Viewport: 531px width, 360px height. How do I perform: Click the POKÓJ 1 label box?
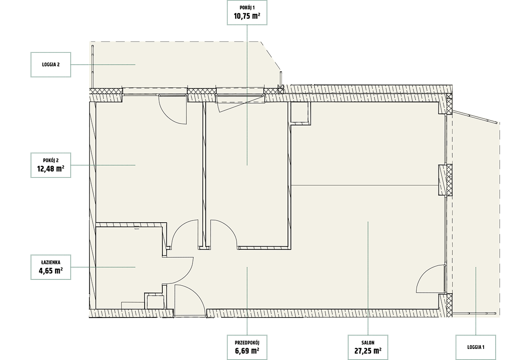247,12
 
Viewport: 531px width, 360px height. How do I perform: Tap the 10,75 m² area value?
247,16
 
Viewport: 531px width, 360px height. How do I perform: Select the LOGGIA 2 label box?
51,65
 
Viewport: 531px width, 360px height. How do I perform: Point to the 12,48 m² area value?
51,169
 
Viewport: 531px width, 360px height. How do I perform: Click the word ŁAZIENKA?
51,263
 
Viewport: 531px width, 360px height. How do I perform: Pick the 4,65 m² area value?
51,271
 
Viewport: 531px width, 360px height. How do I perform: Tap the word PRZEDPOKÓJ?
247,343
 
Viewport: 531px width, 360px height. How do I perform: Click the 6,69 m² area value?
247,351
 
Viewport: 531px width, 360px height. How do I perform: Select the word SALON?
368,343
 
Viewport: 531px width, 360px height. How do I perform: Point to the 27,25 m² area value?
368,351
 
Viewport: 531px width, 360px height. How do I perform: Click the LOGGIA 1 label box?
476,347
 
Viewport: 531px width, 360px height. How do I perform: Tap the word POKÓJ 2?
51,161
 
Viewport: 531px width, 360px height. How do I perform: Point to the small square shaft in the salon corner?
300,113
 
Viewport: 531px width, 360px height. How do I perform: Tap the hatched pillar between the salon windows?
446,180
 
